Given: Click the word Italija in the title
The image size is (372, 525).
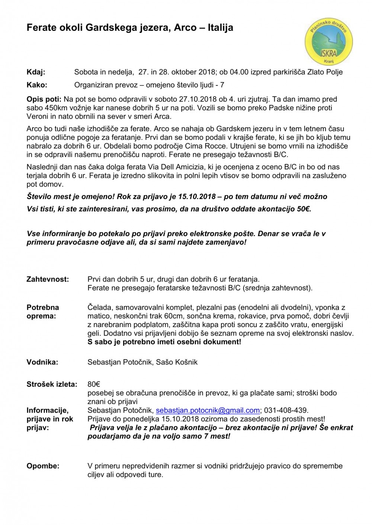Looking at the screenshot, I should pos(220,27).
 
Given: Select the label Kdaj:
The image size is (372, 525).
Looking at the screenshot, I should pos(36,72).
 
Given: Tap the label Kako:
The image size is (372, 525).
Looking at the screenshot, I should pos(37,85).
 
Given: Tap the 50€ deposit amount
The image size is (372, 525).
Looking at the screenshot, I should pos(303,209).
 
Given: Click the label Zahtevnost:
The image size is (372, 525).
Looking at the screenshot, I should pos(48,279).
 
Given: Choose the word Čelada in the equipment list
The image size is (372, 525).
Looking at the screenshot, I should pos(99,307).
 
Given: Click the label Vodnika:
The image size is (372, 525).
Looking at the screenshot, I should pos(42,362).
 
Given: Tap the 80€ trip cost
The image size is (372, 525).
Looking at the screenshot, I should pos(94,384).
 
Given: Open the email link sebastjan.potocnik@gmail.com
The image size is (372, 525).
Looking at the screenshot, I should pos(208,410).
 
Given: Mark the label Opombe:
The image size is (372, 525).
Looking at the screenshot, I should pos(43,466).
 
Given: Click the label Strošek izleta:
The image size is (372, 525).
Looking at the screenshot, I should pos(52,384).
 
